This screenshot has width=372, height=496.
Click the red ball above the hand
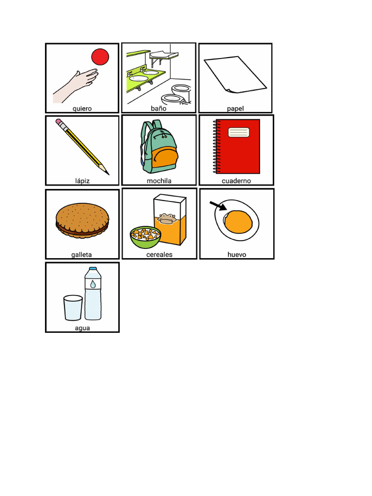pos(100,57)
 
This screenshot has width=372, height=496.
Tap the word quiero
pos(82,108)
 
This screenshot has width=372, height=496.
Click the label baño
pos(158,108)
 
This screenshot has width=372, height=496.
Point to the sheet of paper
pos(234,75)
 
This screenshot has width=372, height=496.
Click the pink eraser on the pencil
pos(59,122)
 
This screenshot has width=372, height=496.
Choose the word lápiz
pos(82,181)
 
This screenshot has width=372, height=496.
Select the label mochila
pos(159,181)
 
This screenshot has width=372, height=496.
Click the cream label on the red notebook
pos(238,132)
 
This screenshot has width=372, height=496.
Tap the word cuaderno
pos(236,181)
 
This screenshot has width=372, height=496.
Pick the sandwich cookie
pos(82,220)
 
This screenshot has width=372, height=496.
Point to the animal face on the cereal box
pos(167,219)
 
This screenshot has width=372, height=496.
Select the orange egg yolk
pos(239,221)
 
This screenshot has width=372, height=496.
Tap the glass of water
pos(73,308)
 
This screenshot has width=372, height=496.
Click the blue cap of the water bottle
pos(93,268)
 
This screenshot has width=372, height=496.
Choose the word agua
pos(82,328)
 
